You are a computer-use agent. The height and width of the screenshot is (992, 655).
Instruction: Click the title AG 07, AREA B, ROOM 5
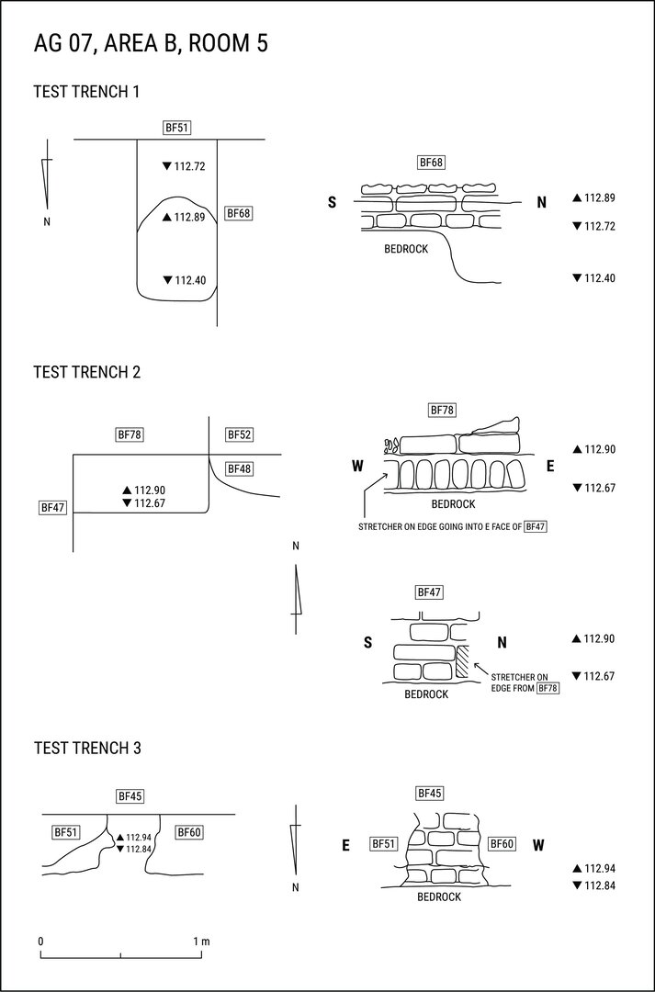[151, 43]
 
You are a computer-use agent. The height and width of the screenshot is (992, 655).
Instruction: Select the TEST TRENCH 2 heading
[86, 372]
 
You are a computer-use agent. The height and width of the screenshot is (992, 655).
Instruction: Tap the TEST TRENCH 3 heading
[86, 748]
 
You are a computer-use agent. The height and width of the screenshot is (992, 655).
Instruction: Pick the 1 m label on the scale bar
[201, 941]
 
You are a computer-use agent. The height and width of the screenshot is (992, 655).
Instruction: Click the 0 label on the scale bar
[40, 941]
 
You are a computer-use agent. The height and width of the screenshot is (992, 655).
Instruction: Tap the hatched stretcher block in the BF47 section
[463, 661]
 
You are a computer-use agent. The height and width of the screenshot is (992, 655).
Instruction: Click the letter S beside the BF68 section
[332, 202]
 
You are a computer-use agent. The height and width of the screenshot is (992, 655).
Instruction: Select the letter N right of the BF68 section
[542, 202]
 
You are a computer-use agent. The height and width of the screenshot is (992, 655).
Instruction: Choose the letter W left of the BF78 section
[357, 467]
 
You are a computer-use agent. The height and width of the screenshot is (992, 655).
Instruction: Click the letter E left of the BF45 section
[345, 845]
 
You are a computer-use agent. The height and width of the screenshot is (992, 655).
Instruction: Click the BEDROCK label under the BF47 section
[426, 694]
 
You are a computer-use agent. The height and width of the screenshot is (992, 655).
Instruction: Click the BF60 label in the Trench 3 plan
[189, 832]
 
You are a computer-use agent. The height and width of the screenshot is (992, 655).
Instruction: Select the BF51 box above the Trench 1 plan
[176, 129]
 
